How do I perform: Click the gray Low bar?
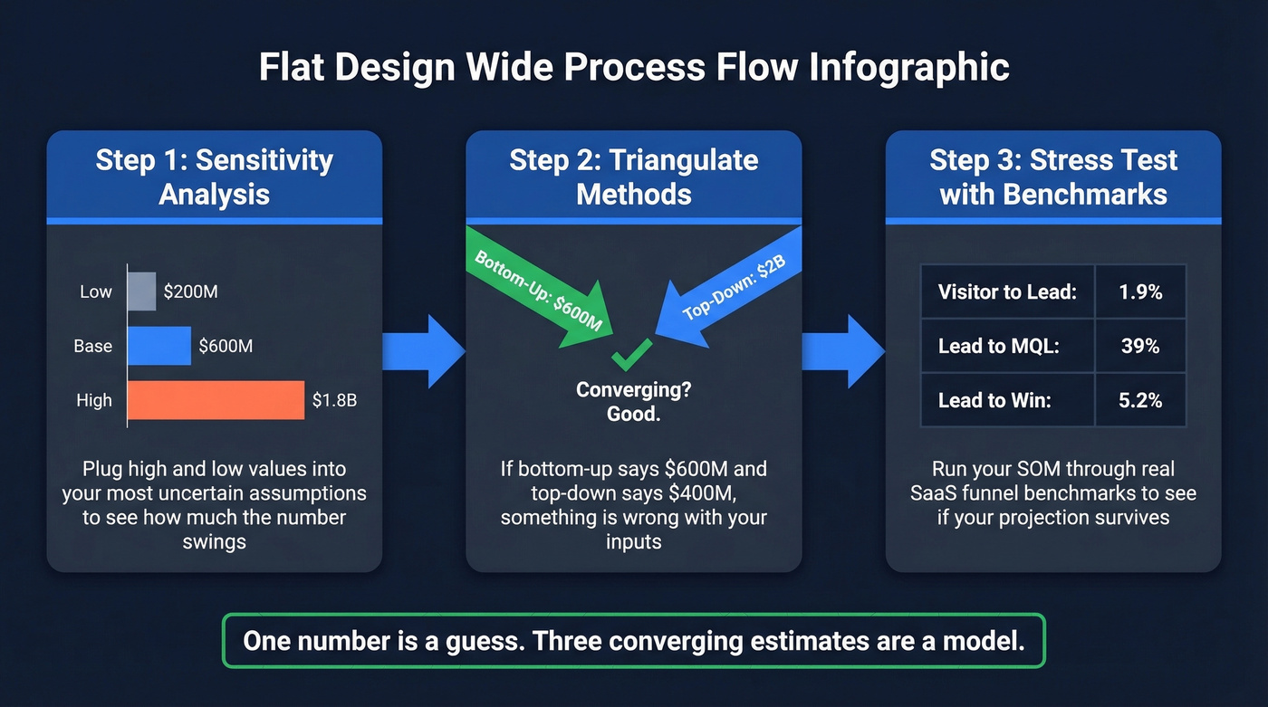coord(142,291)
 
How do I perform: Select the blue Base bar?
coord(159,346)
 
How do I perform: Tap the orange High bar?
coord(216,400)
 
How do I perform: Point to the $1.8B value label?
coord(334,400)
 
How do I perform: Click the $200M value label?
coord(190,291)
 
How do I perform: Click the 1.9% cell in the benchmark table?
coord(1139,291)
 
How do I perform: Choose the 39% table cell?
coord(1139,346)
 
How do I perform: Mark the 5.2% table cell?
coord(1139,400)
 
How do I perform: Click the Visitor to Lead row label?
coord(1007,291)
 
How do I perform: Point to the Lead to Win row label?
coord(994,400)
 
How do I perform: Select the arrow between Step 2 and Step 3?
coord(842,351)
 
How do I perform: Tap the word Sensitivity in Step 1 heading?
coord(264,161)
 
